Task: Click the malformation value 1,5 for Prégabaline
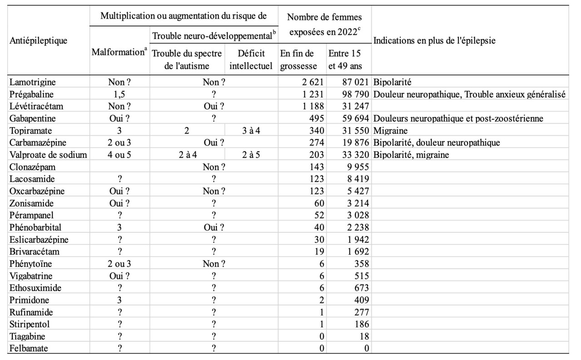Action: click(x=119, y=94)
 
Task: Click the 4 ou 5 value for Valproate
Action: click(x=119, y=155)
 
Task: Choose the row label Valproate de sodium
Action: click(x=48, y=155)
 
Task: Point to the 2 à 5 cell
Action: click(x=251, y=155)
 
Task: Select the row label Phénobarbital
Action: click(x=35, y=227)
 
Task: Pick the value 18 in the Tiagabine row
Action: click(x=364, y=336)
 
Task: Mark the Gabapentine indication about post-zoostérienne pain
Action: click(x=458, y=118)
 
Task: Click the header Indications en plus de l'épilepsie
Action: click(x=434, y=40)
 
